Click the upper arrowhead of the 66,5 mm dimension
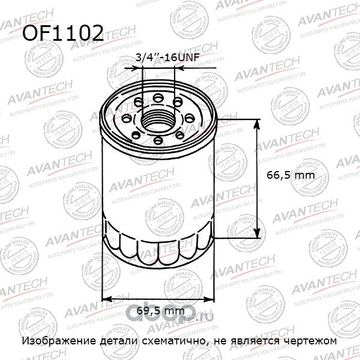(x=259, y=124)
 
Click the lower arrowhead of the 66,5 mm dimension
(x=259, y=235)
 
